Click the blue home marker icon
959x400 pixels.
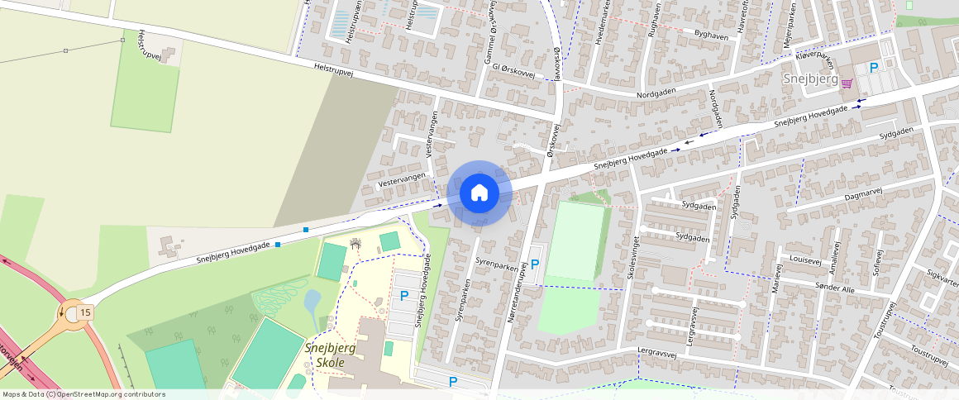click(479, 193)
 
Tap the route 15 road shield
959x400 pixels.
click(85, 312)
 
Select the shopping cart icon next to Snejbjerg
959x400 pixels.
click(847, 83)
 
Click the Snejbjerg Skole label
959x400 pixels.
click(330, 355)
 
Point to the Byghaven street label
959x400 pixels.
click(712, 36)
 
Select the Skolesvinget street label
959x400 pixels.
click(631, 259)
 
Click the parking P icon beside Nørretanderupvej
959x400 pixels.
click(535, 264)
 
